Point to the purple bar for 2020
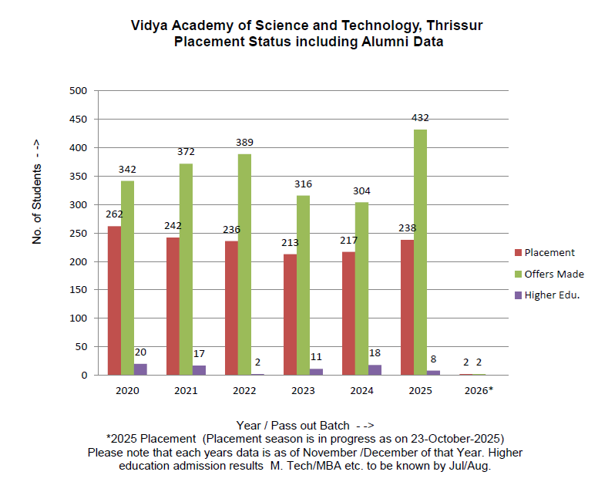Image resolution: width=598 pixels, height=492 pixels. pos(140,369)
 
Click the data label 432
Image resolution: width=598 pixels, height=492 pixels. pos(420,118)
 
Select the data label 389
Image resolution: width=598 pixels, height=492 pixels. pos(244,143)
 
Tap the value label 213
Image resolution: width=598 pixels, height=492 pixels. pos(290,242)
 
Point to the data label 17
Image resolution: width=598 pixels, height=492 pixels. pos(199,354)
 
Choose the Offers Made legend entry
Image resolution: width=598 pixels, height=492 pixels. pos(553,274)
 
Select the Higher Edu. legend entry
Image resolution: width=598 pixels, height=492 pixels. pos(551,295)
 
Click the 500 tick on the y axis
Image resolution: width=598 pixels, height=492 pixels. pos(80,91)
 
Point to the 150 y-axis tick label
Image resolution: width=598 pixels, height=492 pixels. pos(80,290)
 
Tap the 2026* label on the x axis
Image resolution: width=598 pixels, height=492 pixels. pos(479,390)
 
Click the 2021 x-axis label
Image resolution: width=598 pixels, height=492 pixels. pos(186,390)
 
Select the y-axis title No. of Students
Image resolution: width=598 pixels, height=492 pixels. pos(36,204)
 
